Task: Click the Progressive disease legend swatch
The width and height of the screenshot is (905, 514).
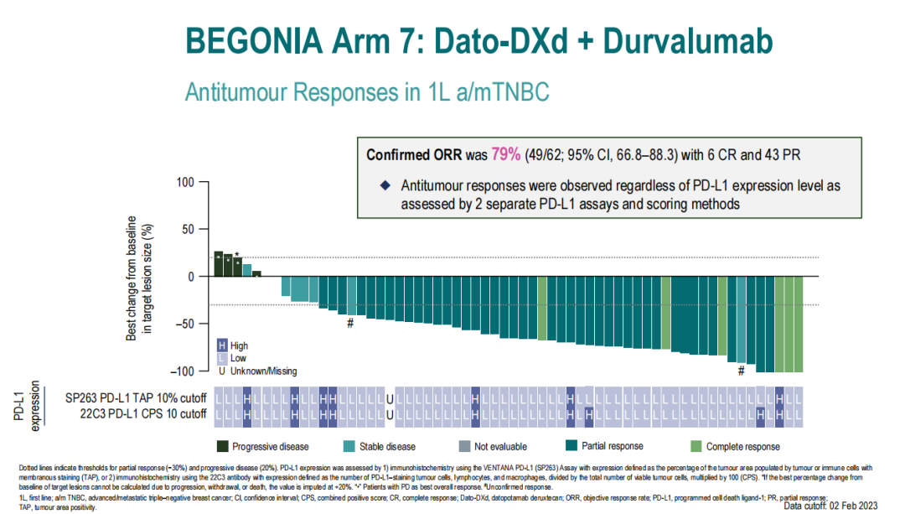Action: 223,446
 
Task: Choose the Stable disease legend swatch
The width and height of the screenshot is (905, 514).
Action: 349,446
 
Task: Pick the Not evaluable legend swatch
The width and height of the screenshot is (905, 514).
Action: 465,446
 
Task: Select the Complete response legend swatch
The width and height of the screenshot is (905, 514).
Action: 695,446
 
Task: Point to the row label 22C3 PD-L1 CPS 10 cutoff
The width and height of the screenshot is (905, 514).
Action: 136,413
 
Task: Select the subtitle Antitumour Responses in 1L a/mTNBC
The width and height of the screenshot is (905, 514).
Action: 367,91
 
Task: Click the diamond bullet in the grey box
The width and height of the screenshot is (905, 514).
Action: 385,185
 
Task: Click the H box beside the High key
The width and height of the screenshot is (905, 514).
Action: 222,345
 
